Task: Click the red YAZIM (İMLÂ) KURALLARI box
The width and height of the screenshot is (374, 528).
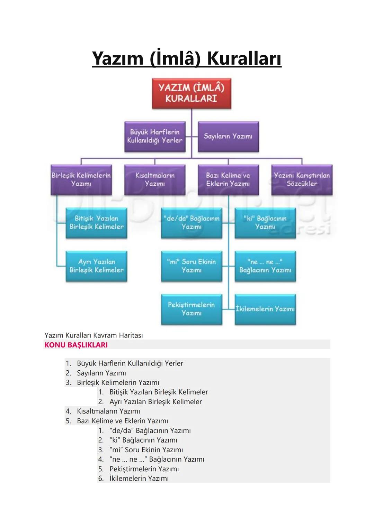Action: point(192,93)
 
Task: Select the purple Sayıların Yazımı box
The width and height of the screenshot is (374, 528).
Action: point(228,137)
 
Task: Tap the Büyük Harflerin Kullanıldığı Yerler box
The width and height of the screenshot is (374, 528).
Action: point(155,137)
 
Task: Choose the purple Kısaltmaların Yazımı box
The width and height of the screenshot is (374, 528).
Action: point(155,180)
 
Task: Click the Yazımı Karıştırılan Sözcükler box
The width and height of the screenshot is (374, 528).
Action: point(302,180)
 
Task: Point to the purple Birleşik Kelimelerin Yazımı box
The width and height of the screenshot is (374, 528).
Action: point(81,180)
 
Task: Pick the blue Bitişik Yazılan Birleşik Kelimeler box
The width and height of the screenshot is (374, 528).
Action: point(96,223)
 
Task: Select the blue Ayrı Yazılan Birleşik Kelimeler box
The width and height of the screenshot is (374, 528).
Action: point(96,266)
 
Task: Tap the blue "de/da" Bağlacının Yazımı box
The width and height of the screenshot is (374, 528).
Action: point(192,223)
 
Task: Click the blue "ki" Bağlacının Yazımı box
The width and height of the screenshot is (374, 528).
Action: point(265,223)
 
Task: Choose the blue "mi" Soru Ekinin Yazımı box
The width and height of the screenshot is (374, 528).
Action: point(192,266)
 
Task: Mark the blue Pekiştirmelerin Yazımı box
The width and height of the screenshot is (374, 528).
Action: point(192,309)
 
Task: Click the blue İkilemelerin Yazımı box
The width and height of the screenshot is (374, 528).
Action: point(265,309)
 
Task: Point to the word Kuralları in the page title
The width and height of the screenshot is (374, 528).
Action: point(244,58)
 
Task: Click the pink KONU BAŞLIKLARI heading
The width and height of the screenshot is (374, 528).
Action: point(76,345)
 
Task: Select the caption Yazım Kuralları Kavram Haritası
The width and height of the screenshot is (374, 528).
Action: point(93,335)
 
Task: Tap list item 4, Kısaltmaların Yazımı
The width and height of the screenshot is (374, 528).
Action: point(108,411)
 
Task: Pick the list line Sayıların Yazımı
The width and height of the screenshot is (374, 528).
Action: point(101,373)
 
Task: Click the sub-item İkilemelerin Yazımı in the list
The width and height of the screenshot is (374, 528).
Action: point(139,479)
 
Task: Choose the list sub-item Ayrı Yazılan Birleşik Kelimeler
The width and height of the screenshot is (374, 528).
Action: point(155,401)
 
